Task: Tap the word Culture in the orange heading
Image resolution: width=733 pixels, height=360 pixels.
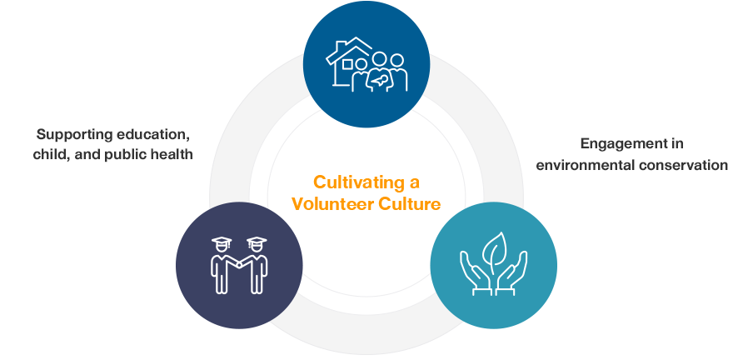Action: coord(411,202)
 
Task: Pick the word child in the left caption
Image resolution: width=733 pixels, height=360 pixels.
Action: coord(52,154)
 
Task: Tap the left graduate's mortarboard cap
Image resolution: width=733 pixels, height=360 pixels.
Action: coord(221,242)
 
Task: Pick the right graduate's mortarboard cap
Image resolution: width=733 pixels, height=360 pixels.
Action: coord(257,242)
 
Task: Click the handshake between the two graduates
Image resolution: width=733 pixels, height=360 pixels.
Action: coord(239,264)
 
